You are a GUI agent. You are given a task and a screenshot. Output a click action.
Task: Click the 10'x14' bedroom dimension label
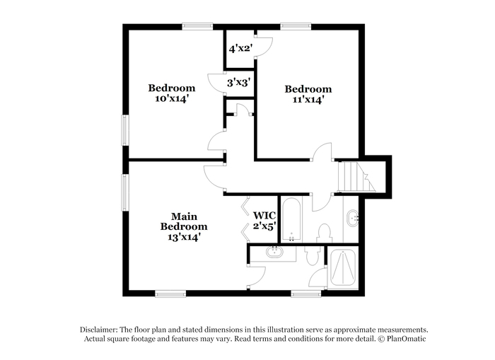(x=172, y=98)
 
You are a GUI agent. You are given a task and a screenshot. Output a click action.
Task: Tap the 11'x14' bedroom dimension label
(x=308, y=100)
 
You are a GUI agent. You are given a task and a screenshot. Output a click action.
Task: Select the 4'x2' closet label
(x=240, y=49)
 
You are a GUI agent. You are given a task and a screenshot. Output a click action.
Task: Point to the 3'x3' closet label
(x=239, y=83)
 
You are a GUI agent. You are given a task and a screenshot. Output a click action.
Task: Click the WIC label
(x=264, y=216)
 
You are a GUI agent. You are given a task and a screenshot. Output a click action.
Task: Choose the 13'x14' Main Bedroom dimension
(x=184, y=237)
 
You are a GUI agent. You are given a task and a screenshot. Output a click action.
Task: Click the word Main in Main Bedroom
(x=184, y=216)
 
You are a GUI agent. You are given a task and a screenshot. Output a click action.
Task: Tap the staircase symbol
(x=356, y=177)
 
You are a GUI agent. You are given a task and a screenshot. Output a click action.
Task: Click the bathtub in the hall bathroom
(x=292, y=219)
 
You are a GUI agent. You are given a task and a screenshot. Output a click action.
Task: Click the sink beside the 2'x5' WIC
(x=274, y=252)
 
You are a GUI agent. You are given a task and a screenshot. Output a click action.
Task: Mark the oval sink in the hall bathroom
(x=353, y=218)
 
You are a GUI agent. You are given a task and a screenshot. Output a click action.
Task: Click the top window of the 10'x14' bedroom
(x=197, y=26)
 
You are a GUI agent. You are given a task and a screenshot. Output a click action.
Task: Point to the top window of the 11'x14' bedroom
(x=296, y=26)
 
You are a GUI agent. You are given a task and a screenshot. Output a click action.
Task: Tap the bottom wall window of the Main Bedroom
(x=170, y=294)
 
